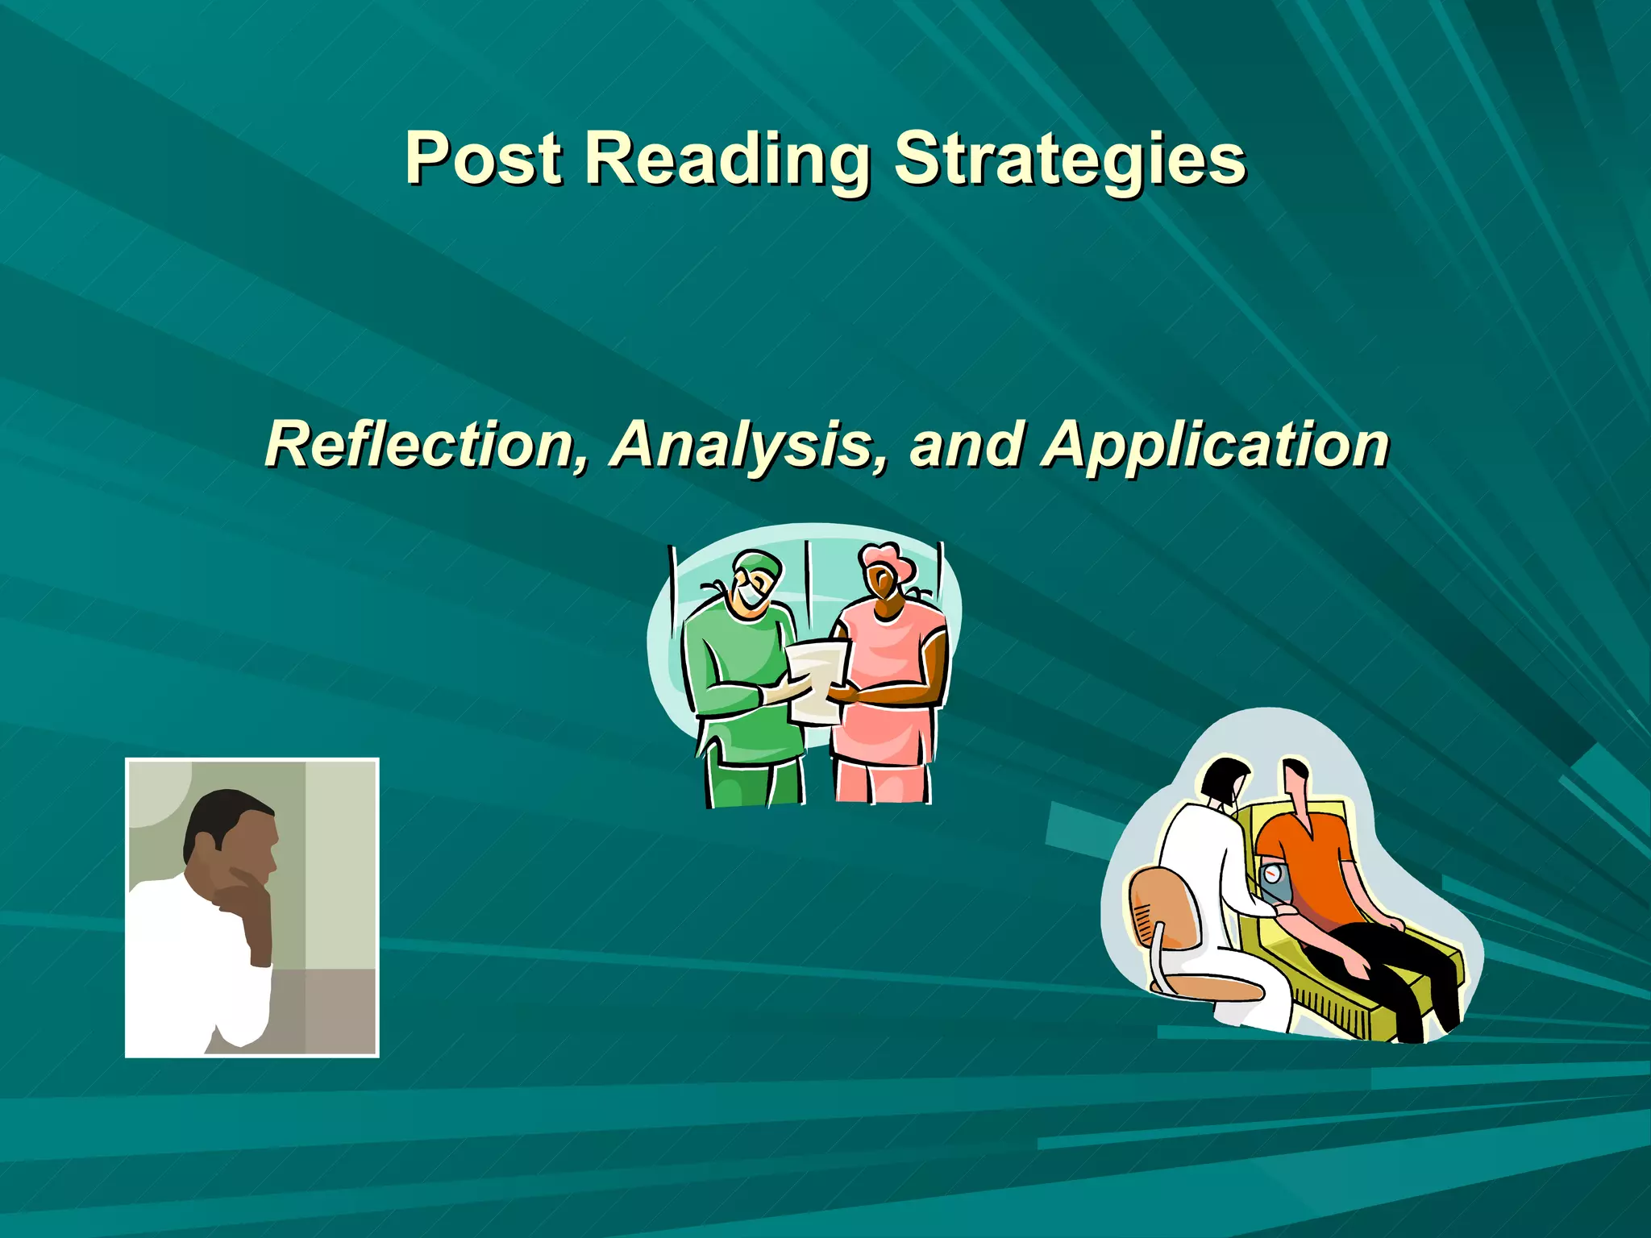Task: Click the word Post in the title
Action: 483,158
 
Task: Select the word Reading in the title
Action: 726,159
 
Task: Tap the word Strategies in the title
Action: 1070,159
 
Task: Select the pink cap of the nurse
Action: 887,558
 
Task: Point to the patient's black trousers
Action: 1387,967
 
